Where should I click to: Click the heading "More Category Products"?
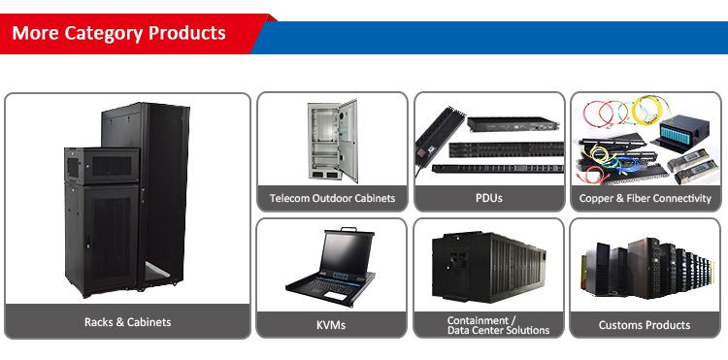[x=118, y=33]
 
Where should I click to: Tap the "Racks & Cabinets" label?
[x=127, y=322]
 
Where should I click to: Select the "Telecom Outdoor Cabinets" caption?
[x=332, y=198]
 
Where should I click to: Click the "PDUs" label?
[x=488, y=198]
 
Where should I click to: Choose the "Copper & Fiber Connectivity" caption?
[x=645, y=198]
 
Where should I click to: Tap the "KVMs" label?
[x=331, y=325]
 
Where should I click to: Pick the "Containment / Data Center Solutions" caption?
[x=489, y=325]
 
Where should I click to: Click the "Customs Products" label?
[x=645, y=325]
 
